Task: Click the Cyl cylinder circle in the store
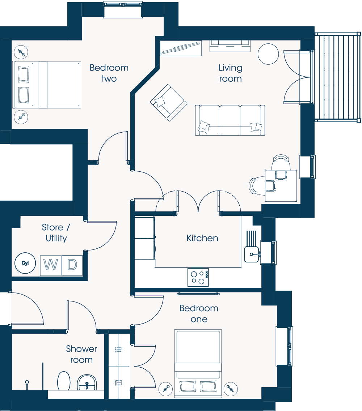pos(25,263)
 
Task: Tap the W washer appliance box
pos(51,265)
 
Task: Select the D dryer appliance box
pos(72,265)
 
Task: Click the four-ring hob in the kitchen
pos(198,277)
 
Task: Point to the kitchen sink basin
pos(252,254)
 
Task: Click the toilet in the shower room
pos(64,381)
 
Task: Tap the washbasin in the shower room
pos(87,382)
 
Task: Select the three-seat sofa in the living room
pos(230,120)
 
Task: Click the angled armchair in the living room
pos(169,103)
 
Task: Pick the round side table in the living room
pos(268,54)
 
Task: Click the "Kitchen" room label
pos(202,238)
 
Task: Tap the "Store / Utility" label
pos(56,233)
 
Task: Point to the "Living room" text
pos(231,73)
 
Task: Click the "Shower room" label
pos(81,354)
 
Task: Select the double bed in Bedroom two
pos(47,85)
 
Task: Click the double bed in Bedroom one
pos(198,363)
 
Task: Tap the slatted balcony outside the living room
pos(338,77)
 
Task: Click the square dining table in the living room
pos(281,186)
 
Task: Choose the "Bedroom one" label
pos(199,314)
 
